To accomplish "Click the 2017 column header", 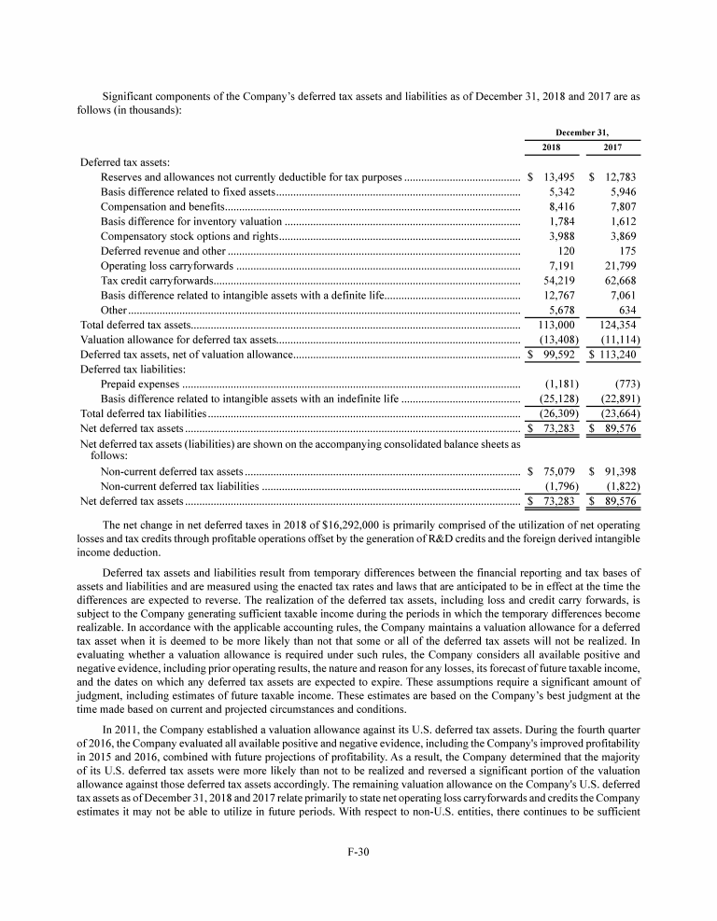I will [x=612, y=148].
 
